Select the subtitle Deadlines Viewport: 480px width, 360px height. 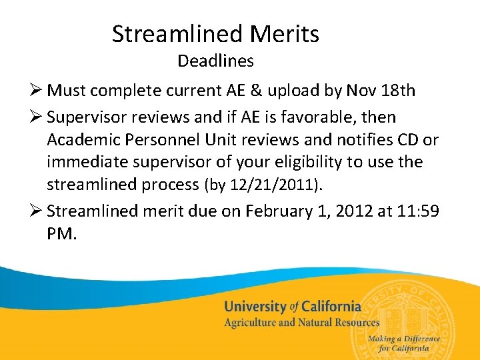click(x=215, y=61)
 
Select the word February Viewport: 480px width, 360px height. click(x=277, y=212)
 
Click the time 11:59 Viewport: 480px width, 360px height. click(x=421, y=212)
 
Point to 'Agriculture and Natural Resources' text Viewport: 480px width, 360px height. click(x=301, y=323)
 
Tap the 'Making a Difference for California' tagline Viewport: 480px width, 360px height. click(x=405, y=343)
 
